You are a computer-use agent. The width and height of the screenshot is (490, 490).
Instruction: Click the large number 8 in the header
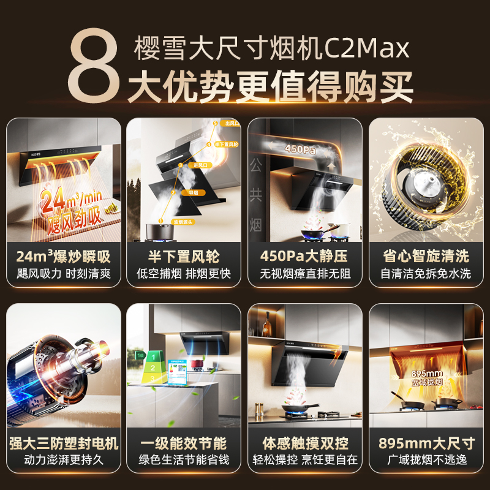[x=92, y=66]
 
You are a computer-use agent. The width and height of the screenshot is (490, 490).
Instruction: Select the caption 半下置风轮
[x=184, y=256]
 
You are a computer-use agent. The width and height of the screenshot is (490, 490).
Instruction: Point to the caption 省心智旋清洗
[x=426, y=256]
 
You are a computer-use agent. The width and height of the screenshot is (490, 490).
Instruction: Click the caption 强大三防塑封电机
[x=64, y=443]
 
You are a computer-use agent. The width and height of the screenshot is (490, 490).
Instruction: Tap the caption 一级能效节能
[x=184, y=443]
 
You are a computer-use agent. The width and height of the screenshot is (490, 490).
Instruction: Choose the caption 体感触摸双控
[x=304, y=443]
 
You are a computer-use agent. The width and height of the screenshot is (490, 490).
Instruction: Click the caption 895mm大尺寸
[x=426, y=443]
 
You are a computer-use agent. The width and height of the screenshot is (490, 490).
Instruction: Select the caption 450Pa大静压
[x=304, y=256]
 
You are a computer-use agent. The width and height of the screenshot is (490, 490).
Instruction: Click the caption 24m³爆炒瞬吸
[x=64, y=256]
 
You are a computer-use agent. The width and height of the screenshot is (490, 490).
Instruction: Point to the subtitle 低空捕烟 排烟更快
[x=184, y=274]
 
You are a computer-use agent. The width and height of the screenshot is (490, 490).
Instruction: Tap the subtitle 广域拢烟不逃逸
[x=426, y=460]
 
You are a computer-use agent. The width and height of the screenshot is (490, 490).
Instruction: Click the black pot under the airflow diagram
[x=158, y=232]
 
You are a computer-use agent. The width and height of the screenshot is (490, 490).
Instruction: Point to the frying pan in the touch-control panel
[x=300, y=406]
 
